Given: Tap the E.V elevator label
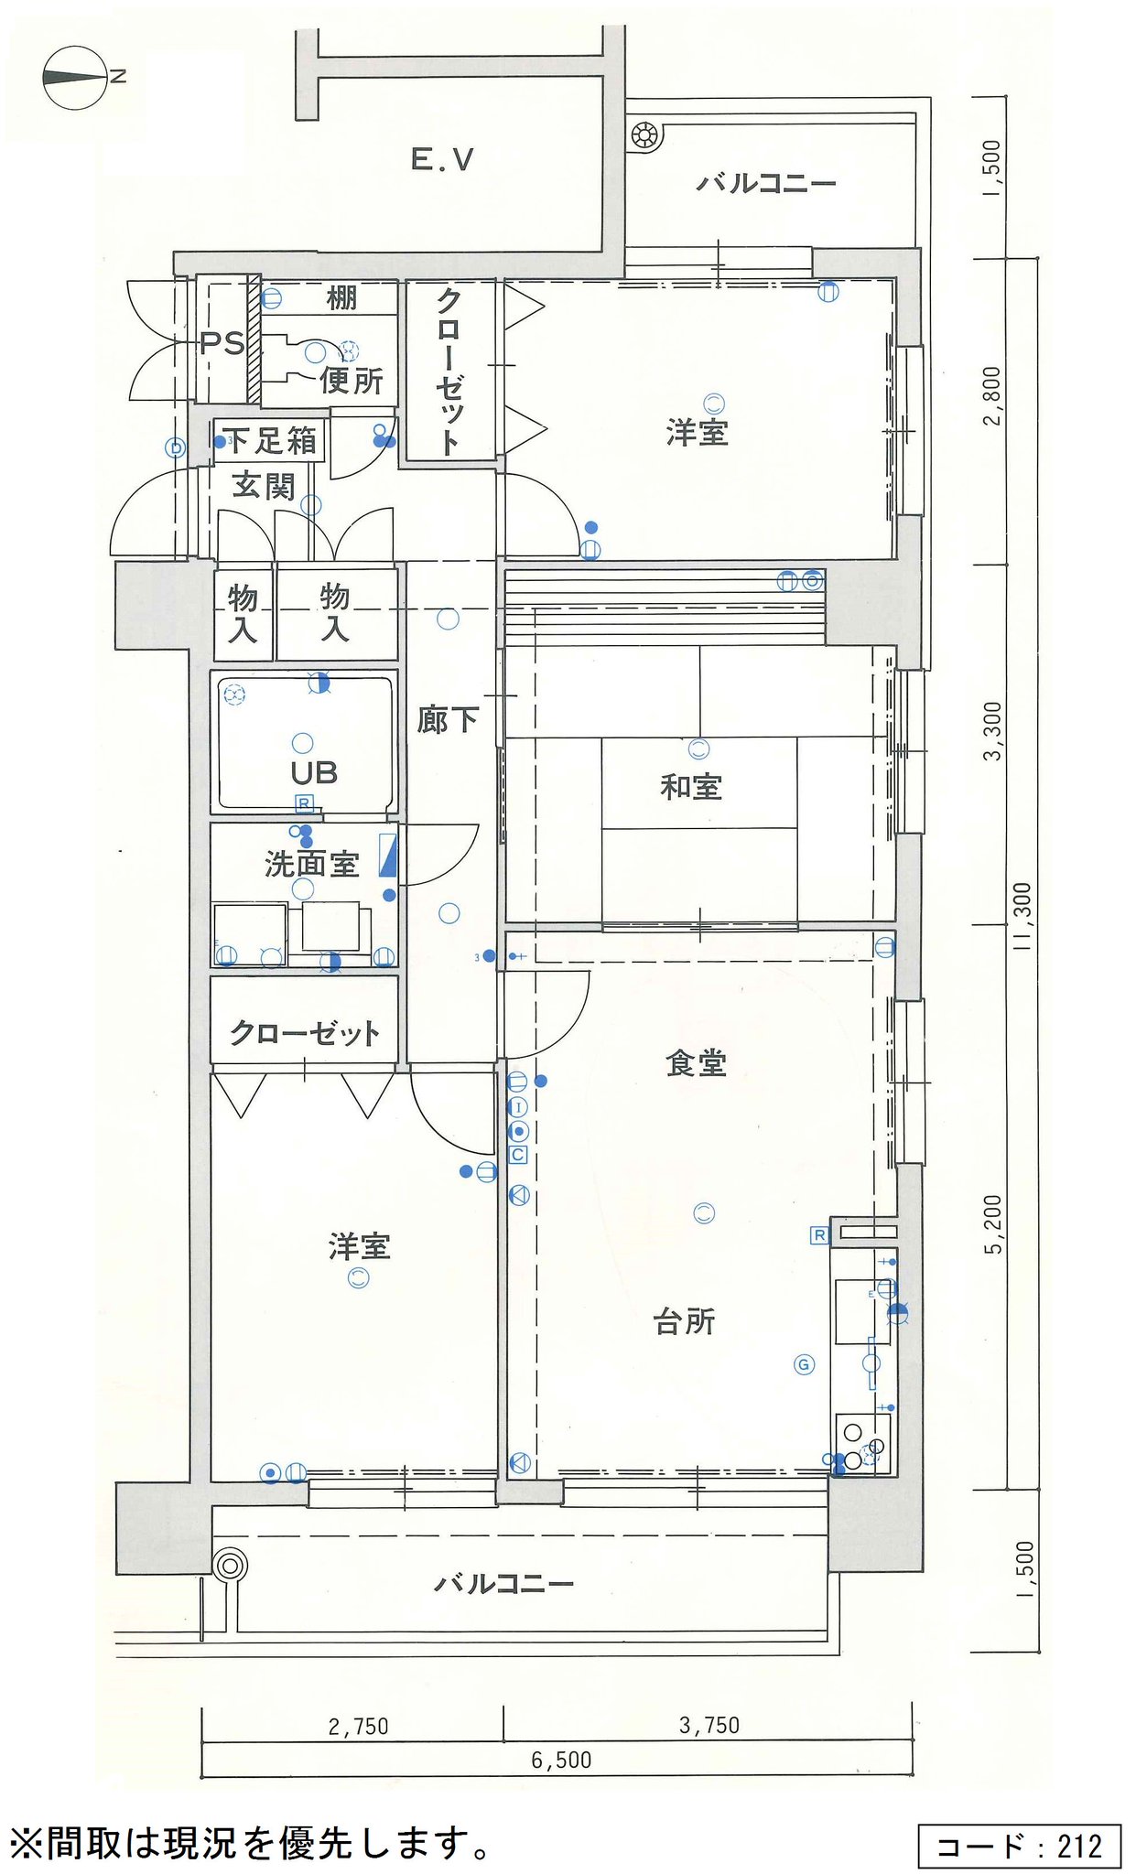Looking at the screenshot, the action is pos(442,160).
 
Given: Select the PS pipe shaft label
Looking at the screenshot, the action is pos(222,343).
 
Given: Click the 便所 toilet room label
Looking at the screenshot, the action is pos(352,380).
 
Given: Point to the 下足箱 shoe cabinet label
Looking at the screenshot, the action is pos(272,441).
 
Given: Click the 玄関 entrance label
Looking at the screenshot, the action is pos(264,485).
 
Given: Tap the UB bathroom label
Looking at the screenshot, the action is pos(314,773).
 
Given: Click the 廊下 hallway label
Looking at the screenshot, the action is pos(448,720).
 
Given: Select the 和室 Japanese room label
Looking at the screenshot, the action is pos(691,786).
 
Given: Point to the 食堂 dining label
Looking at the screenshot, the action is pos(696,1062).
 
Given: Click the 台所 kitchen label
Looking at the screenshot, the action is pos(685,1321).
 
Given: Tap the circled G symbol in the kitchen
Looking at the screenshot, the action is pos(804,1365).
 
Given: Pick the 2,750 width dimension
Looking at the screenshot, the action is pos(358,1727).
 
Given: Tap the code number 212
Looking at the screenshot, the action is pos(1079,1847).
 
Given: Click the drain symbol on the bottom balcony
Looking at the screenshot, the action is pos(229,1565).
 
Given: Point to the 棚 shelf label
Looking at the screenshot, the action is pos(341,297).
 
